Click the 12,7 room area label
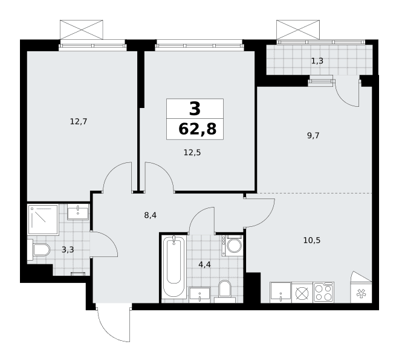tap(79, 122)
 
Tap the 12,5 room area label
tap(192, 153)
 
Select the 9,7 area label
tap(313, 136)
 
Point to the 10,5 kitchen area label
tap(312, 240)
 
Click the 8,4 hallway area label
tap(150, 215)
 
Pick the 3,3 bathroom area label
tap(68, 250)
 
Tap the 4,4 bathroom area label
tap(204, 265)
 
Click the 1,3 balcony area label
tap(317, 61)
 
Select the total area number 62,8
tap(198, 129)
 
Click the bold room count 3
tap(195, 109)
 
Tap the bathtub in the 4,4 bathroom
tap(174, 266)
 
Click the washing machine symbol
tap(232, 246)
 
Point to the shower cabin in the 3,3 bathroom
tap(44, 220)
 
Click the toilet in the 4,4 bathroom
tap(225, 291)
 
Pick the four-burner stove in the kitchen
tap(323, 293)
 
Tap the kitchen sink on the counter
tap(281, 293)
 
